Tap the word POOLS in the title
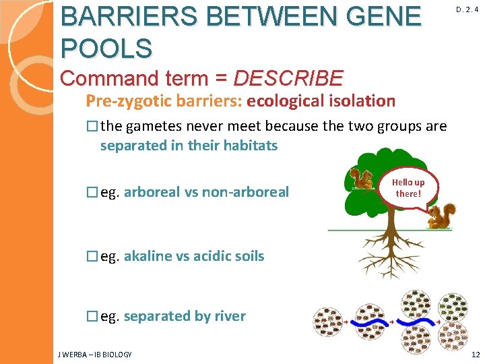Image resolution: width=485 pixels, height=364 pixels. pos(106,48)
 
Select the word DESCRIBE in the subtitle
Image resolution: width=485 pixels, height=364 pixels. pos(288,79)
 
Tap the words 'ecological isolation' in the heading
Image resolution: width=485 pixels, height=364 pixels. pos(321,102)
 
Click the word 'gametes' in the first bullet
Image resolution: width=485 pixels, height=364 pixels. pos(156,127)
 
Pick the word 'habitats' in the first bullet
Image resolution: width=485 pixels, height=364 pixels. pos(250,146)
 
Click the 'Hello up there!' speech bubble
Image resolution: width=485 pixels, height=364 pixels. pos(409,188)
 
